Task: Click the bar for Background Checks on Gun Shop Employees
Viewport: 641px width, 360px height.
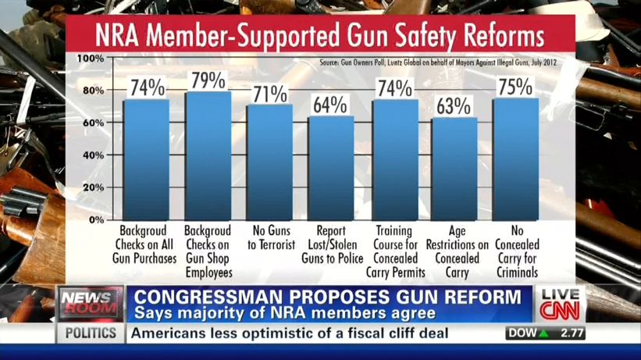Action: (x=208, y=156)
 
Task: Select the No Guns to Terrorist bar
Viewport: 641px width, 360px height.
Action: (x=270, y=162)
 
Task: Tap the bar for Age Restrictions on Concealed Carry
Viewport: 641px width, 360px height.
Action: (x=454, y=169)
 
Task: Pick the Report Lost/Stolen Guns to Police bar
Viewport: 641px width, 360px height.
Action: (x=331, y=168)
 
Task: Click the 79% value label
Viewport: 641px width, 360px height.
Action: (x=208, y=80)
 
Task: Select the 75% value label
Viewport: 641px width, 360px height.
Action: (x=516, y=87)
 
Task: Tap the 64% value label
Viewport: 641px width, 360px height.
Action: (x=331, y=105)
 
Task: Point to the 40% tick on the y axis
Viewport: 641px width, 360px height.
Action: (x=92, y=155)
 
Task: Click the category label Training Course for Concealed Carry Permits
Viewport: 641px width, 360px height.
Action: (x=394, y=252)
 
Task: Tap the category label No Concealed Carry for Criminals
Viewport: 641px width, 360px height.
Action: (x=516, y=252)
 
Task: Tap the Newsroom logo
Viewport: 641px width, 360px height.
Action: (x=88, y=303)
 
